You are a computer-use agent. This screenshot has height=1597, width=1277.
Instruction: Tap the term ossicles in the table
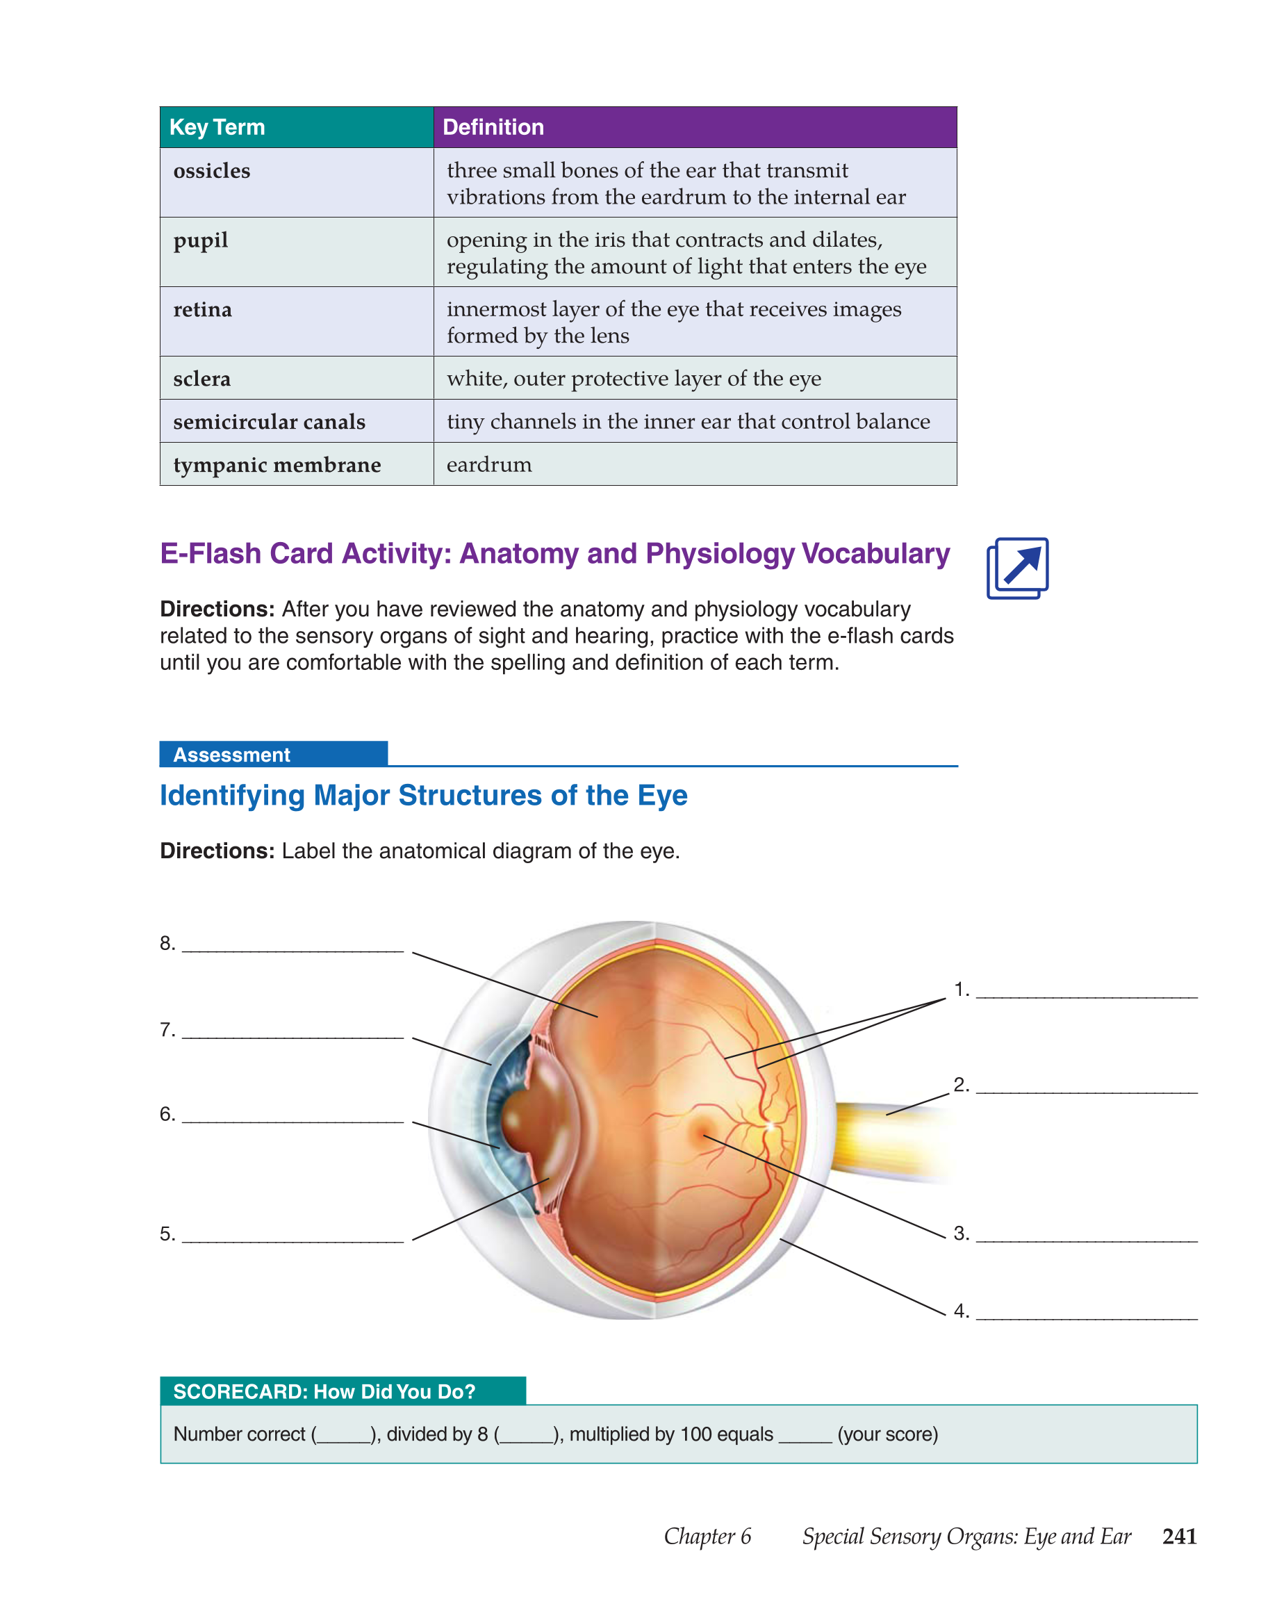tap(212, 171)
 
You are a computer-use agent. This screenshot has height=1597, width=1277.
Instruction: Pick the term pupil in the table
tap(201, 240)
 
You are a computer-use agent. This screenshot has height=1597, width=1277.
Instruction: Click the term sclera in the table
tap(202, 379)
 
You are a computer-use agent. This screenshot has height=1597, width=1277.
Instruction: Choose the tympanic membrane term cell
tap(296, 464)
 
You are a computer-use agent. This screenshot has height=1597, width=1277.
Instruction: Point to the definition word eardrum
tap(489, 464)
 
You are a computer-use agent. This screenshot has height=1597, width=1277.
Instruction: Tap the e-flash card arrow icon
tap(1017, 568)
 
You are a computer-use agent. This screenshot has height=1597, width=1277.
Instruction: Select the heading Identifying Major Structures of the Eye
tap(424, 795)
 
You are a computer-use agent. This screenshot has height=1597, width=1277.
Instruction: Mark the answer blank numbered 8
tap(293, 949)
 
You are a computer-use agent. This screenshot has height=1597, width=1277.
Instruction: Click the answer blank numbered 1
tap(1086, 996)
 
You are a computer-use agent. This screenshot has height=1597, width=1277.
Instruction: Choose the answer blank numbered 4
tap(1086, 1317)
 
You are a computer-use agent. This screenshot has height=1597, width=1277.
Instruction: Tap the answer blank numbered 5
tap(293, 1240)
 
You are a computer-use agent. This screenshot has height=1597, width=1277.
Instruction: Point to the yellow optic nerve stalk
tap(889, 1140)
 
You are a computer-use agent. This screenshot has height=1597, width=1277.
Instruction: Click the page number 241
tap(1179, 1536)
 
